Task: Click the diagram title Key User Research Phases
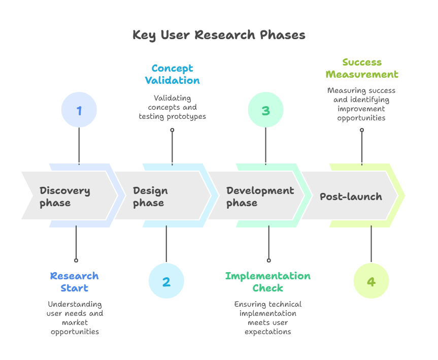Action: click(x=219, y=35)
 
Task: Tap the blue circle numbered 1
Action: click(x=79, y=110)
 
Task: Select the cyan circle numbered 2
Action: click(x=166, y=281)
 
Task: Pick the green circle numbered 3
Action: click(x=265, y=110)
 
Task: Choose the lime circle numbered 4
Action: click(x=371, y=281)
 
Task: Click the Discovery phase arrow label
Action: click(x=65, y=197)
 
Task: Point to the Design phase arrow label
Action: click(x=150, y=197)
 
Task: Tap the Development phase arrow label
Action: click(x=260, y=197)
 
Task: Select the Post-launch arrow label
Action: click(x=351, y=197)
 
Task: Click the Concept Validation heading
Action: click(x=172, y=74)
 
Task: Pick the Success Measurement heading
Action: click(x=362, y=68)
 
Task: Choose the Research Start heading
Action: click(x=75, y=282)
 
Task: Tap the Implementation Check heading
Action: click(x=268, y=282)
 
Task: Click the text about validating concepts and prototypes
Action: click(x=172, y=107)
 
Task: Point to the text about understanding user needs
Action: click(x=75, y=318)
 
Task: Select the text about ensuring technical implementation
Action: click(x=268, y=318)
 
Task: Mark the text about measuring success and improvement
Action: click(x=361, y=104)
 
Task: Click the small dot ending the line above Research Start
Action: click(x=76, y=260)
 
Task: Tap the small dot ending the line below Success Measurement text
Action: click(x=362, y=130)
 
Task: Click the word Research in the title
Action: click(x=225, y=35)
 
